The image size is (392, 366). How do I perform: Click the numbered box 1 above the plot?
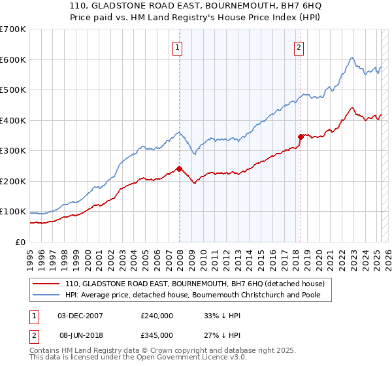[x=178, y=46]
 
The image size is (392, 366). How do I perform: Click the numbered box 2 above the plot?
[x=299, y=46]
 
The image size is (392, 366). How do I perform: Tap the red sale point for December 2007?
[x=179, y=169]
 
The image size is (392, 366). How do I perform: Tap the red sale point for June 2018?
[x=301, y=137]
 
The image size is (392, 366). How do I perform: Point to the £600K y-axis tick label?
[x=13, y=59]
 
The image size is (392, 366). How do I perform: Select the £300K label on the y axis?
[x=13, y=150]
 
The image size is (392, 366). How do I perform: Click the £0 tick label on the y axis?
[x=21, y=242]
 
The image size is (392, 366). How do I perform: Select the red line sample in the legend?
[x=47, y=284]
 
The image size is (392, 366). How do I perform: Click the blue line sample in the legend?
[x=47, y=295]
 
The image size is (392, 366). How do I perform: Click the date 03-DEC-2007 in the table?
[x=80, y=315]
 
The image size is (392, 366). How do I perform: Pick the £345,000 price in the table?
[x=157, y=335]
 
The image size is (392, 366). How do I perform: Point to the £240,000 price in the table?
[x=157, y=315]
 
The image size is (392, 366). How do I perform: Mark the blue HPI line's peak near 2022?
[x=351, y=58]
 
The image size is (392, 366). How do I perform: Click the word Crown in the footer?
[x=174, y=350]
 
